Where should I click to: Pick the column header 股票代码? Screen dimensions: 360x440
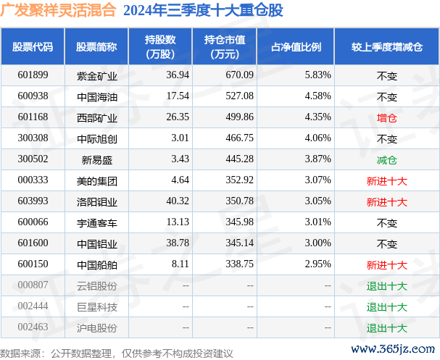(x=33, y=47)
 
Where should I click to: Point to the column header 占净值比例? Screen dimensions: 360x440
(x=296, y=47)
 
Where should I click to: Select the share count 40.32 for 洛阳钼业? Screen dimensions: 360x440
(x=157, y=201)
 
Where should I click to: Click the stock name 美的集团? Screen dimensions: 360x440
(x=96, y=180)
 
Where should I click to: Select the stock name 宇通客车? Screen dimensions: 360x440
(x=96, y=223)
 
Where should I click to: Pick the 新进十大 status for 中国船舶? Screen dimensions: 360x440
(x=387, y=266)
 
